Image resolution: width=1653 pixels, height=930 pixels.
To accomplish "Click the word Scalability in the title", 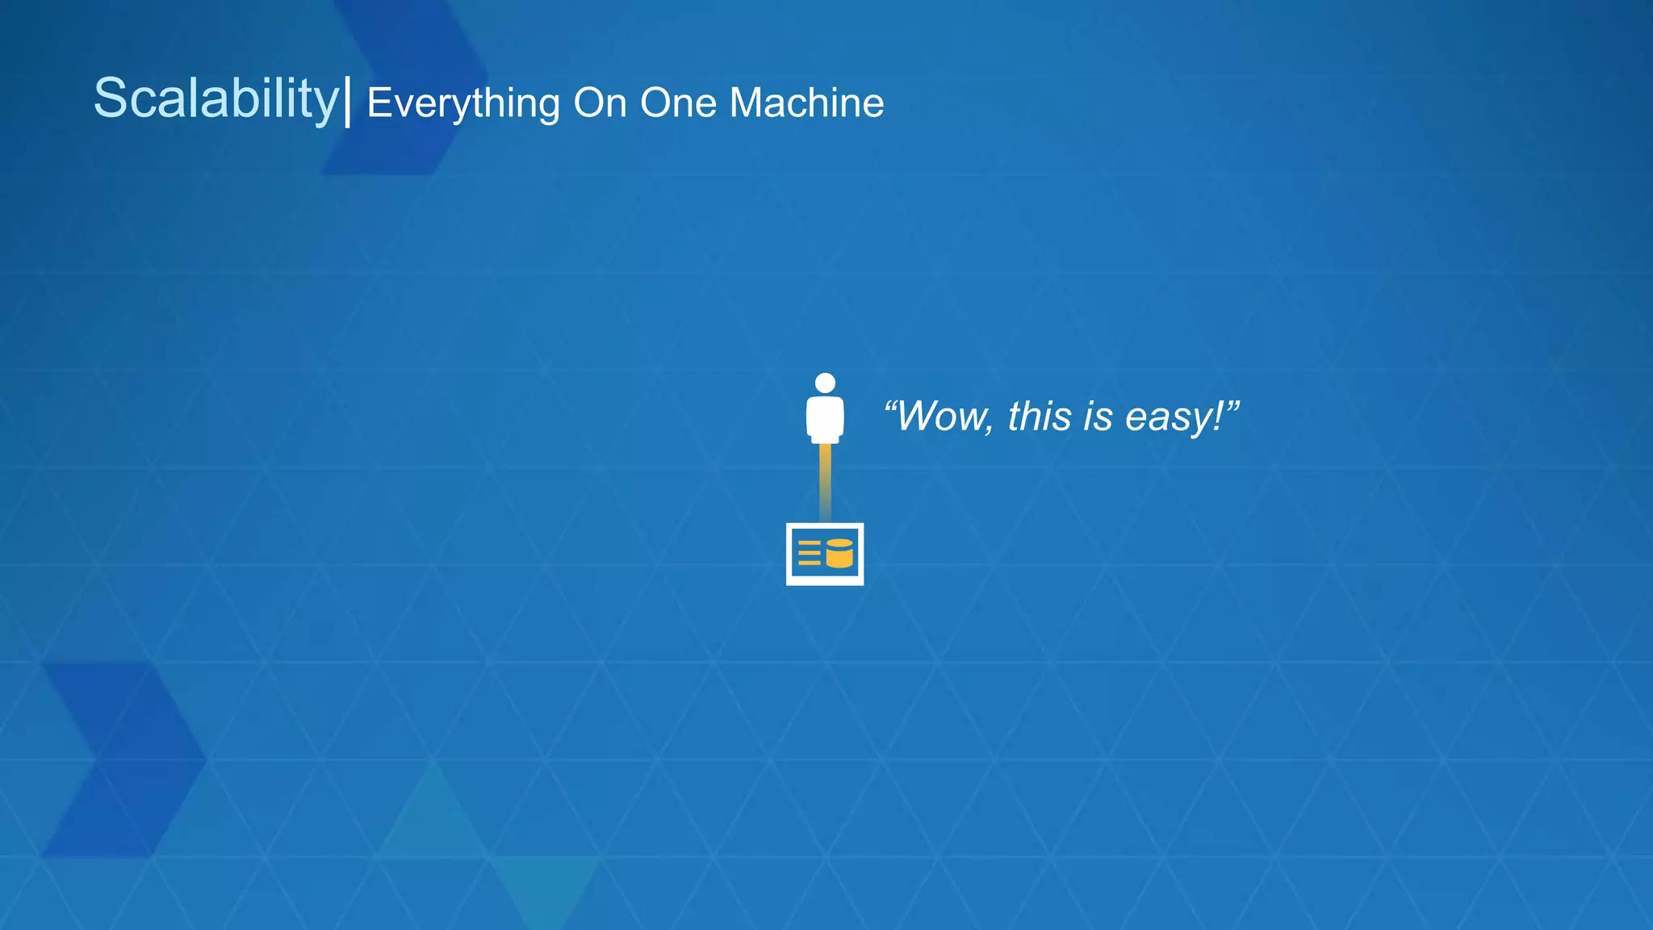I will pyautogui.click(x=216, y=99).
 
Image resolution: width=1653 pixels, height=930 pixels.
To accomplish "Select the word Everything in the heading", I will pyautogui.click(x=463, y=104).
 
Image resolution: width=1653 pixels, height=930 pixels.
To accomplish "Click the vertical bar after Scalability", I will pyautogui.click(x=348, y=101).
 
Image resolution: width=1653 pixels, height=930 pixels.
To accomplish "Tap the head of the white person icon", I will pyautogui.click(x=825, y=383).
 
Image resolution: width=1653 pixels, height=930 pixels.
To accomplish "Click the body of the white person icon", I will pyautogui.click(x=825, y=418).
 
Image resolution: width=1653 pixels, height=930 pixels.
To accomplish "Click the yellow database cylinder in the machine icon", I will pyautogui.click(x=839, y=554).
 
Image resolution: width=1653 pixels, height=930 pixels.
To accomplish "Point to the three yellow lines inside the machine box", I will pyautogui.click(x=809, y=553).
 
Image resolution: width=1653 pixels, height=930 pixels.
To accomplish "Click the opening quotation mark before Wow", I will pyautogui.click(x=890, y=404).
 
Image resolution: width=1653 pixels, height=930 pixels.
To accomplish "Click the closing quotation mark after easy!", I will pyautogui.click(x=1232, y=404).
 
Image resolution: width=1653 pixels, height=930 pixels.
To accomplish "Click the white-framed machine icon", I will pyautogui.click(x=825, y=554).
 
